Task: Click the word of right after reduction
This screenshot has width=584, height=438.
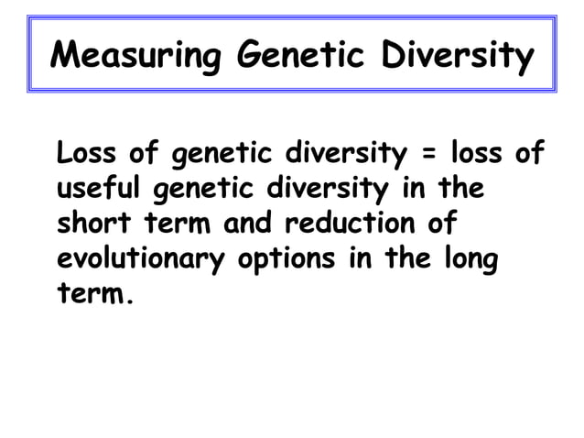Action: (x=434, y=225)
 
